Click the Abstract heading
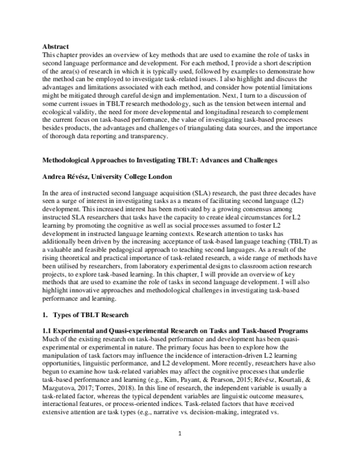point(55,47)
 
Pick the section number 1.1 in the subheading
point(48,330)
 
